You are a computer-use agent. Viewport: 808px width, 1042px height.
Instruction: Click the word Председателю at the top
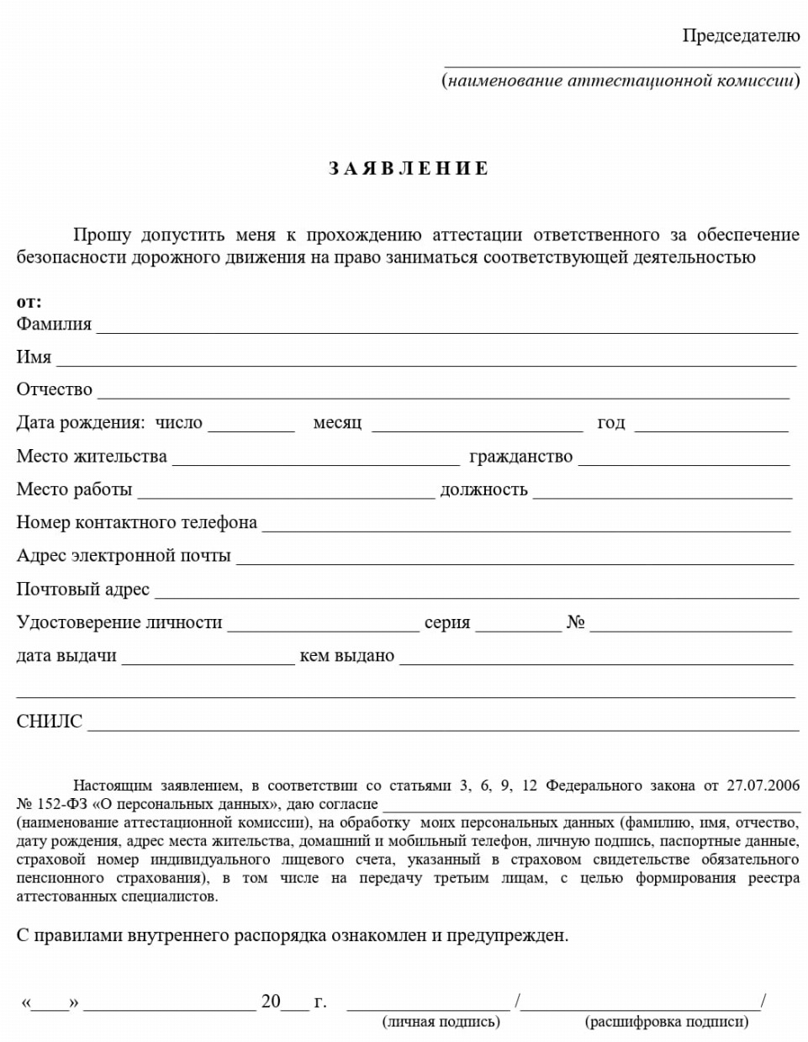click(x=741, y=35)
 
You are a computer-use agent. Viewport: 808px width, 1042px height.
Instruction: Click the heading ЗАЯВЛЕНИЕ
click(x=408, y=168)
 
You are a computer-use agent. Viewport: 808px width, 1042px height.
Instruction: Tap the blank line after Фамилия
click(x=446, y=328)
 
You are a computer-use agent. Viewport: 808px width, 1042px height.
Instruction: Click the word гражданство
click(x=520, y=457)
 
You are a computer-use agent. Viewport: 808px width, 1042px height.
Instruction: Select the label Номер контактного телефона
click(x=136, y=522)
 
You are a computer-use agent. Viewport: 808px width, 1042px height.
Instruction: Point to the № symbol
click(x=575, y=622)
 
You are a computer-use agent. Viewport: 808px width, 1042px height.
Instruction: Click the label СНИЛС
click(x=50, y=722)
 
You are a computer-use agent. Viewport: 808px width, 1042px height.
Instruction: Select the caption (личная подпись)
click(x=441, y=1022)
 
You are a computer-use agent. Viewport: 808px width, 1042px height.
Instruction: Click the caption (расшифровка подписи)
click(x=666, y=1022)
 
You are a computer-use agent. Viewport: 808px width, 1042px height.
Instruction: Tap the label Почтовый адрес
click(x=82, y=589)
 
